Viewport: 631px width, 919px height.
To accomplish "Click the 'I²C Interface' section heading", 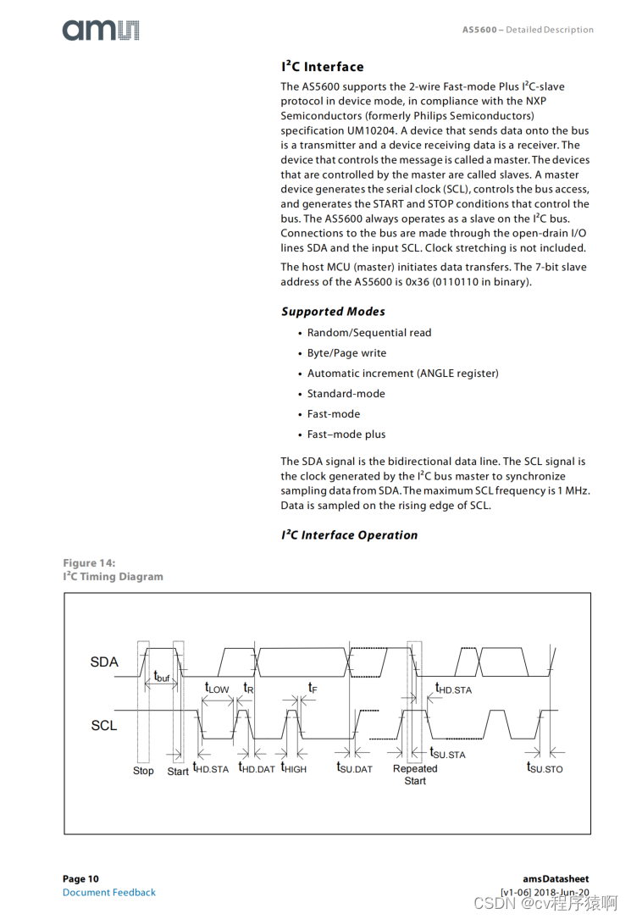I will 323,67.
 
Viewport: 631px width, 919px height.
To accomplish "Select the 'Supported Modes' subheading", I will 333,312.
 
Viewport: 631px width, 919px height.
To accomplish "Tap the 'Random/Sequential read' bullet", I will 369,333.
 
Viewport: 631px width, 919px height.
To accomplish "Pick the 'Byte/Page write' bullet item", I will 346,353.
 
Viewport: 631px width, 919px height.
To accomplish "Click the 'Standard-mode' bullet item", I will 346,394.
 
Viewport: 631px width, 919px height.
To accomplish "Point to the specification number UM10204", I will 369,130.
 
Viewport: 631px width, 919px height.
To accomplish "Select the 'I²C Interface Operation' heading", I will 349,535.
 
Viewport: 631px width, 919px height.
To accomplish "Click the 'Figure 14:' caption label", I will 89,563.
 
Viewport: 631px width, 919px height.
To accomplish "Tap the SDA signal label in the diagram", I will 104,662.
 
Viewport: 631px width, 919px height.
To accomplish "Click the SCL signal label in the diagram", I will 104,726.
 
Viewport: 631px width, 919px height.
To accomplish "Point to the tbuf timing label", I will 161,677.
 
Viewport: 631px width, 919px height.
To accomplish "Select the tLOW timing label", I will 217,688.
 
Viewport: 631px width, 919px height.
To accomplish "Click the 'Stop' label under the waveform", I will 143,771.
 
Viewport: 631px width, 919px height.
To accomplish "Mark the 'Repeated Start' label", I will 415,774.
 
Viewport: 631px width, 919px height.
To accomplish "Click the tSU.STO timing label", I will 545,767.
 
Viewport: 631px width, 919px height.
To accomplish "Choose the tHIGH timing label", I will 294,768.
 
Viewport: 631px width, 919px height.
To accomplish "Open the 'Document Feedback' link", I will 109,892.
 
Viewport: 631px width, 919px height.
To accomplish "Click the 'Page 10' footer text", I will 80,879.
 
